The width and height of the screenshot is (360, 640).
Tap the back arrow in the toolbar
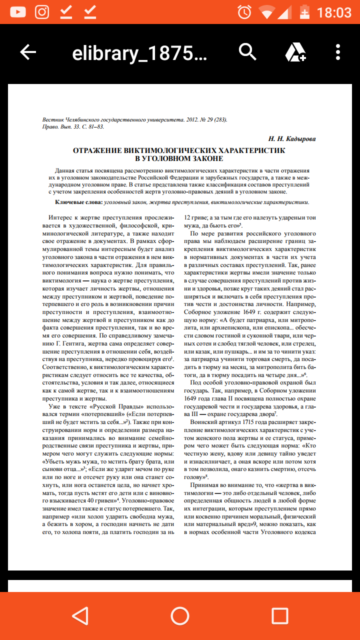coord(28,52)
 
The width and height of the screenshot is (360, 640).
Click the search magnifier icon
coord(247,51)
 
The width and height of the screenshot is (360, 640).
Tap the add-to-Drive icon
coord(295,52)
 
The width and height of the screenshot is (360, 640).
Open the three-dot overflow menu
coord(338,52)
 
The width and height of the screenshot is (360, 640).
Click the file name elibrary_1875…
coord(139,53)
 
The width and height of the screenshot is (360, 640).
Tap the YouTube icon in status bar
coord(17,12)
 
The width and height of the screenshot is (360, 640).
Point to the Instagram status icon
coord(42,12)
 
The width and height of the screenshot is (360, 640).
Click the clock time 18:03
coord(334,12)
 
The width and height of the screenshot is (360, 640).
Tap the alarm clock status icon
coord(244,12)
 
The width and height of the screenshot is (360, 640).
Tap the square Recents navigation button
coord(279,615)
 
